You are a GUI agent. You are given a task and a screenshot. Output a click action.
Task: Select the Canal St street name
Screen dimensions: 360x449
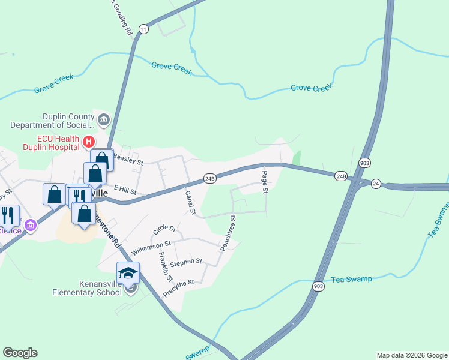point(190,202)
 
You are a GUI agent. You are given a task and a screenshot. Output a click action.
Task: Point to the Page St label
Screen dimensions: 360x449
point(264,182)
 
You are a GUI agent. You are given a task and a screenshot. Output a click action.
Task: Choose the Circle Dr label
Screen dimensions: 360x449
point(165,229)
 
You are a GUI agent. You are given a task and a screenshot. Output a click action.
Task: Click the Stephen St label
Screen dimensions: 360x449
point(186,262)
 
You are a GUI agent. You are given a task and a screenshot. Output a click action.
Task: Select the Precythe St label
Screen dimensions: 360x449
point(178,287)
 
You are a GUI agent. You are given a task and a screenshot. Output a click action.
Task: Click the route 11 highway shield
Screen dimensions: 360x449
point(143,29)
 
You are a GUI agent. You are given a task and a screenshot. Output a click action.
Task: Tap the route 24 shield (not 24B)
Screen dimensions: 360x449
point(376,184)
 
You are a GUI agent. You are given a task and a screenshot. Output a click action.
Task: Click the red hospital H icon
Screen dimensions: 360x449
point(88,142)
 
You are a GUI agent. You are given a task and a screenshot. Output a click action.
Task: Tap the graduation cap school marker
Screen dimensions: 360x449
point(128,273)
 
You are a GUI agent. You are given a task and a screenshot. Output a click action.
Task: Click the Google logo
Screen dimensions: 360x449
point(20,353)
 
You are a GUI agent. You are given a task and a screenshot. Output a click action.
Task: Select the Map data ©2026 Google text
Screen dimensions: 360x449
point(412,355)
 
